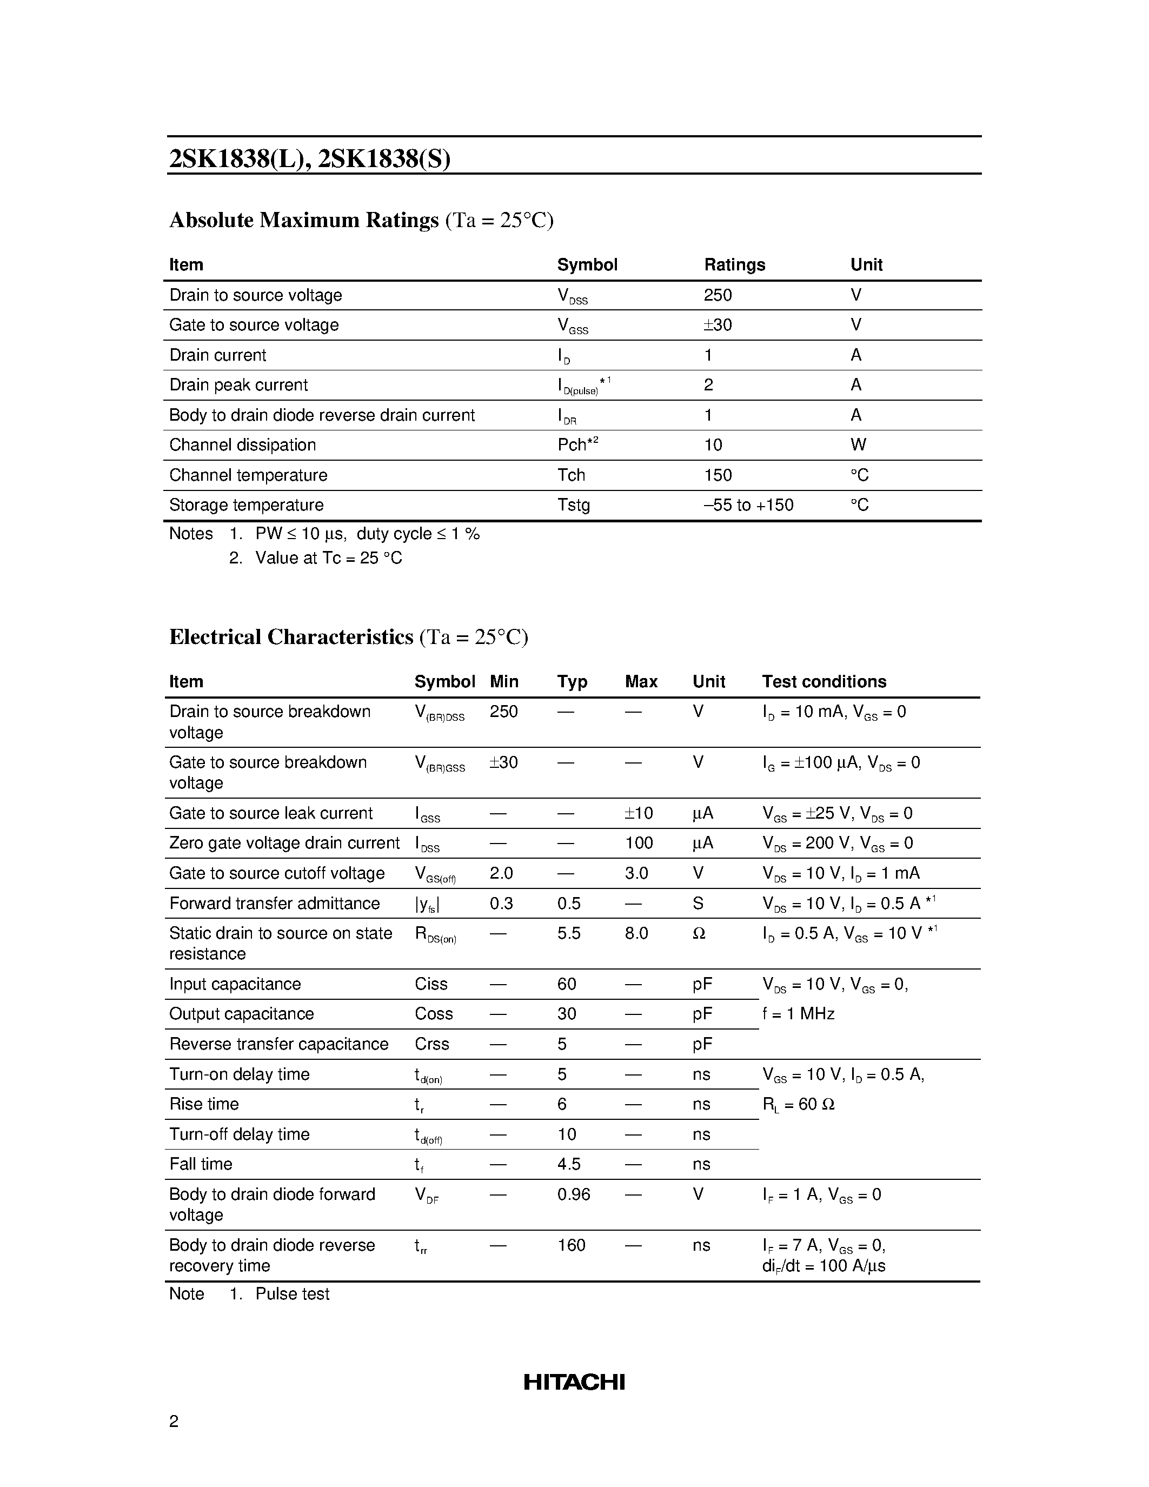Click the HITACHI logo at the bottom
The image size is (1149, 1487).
tap(574, 1382)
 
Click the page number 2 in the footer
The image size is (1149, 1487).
tap(174, 1421)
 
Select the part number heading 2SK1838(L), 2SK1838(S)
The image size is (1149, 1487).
tap(310, 158)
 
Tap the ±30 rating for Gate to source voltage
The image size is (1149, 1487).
tap(718, 325)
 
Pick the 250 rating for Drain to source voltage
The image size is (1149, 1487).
tap(718, 295)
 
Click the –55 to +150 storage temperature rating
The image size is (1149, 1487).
tap(748, 504)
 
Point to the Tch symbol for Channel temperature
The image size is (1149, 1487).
tap(571, 475)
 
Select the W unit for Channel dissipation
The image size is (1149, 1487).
tap(858, 444)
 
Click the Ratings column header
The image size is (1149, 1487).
tap(734, 264)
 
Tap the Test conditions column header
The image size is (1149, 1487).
tap(823, 681)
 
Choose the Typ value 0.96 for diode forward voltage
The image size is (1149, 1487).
tap(573, 1194)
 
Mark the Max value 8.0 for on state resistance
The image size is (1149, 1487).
tap(636, 933)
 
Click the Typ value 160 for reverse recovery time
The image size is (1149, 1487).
tap(571, 1245)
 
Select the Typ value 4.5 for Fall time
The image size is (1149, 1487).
tap(568, 1164)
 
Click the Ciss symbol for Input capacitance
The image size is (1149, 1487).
tap(431, 984)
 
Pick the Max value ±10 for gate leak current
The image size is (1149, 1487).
tap(639, 813)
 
